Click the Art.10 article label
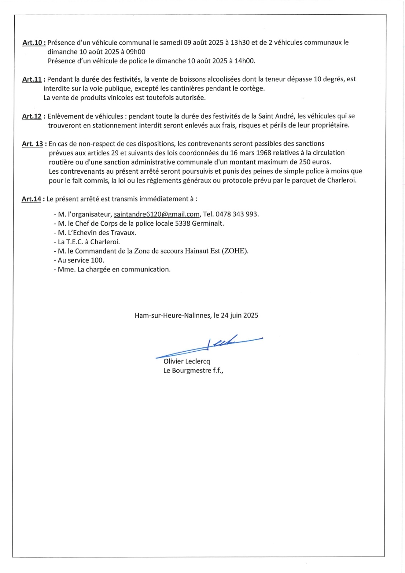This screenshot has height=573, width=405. [34, 43]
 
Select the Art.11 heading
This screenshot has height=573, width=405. [32, 79]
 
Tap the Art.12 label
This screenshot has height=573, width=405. [32, 116]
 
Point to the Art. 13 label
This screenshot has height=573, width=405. [32, 144]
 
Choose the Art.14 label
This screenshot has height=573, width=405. [31, 199]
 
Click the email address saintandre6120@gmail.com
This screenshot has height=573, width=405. [157, 214]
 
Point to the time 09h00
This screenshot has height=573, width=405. [135, 52]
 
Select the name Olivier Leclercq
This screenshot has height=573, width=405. [187, 361]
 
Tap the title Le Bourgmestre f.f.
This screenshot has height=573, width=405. [193, 371]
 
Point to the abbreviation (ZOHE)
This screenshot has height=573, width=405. [235, 251]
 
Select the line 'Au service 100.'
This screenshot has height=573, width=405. [81, 260]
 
